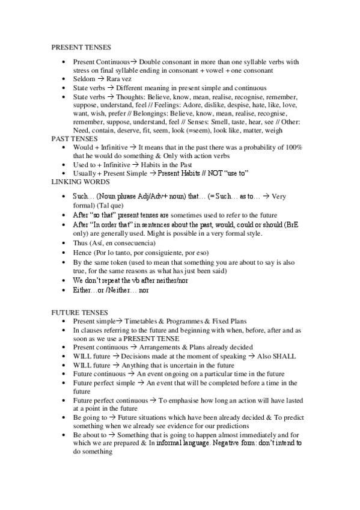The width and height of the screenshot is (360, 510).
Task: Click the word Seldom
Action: tap(84, 79)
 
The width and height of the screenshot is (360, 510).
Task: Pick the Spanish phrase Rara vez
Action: tap(123, 79)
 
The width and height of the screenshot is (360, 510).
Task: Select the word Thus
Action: tap(80, 243)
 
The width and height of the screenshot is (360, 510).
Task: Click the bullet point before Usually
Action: tap(64, 173)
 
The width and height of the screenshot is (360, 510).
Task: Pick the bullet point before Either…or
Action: tap(64, 290)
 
